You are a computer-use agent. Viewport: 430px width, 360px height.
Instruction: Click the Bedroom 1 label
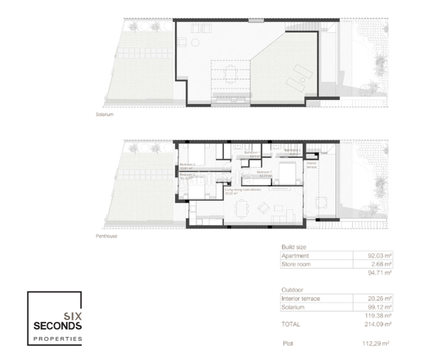pyautogui.click(x=264, y=172)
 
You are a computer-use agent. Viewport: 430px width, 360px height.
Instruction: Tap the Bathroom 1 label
pyautogui.click(x=251, y=154)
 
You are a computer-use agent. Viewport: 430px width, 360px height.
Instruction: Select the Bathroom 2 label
pyautogui.click(x=292, y=151)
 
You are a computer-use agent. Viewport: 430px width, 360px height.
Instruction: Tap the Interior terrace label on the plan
pyautogui.click(x=312, y=165)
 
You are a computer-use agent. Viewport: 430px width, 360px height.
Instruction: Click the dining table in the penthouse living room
pyautogui.click(x=242, y=209)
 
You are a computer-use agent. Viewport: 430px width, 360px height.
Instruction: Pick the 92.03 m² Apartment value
pyautogui.click(x=380, y=256)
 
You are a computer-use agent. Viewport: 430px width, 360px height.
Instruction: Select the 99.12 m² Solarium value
pyautogui.click(x=380, y=307)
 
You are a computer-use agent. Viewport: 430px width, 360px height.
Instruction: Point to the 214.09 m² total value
pyautogui.click(x=378, y=323)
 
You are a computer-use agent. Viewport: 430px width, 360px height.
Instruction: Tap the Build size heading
pyautogui.click(x=294, y=247)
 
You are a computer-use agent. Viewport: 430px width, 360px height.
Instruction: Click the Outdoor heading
pyautogui.click(x=291, y=289)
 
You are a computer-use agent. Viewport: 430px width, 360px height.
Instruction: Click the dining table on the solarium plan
pyautogui.click(x=231, y=74)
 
